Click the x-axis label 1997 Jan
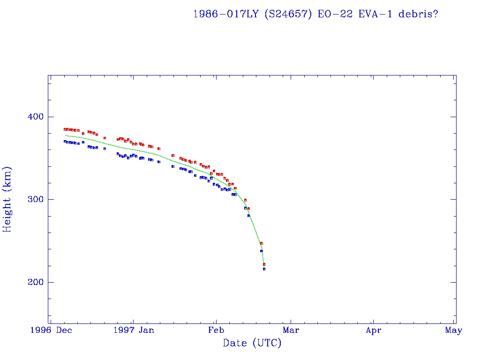(134, 330)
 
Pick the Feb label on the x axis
(216, 330)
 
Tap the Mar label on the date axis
(291, 330)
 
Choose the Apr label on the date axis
(373, 330)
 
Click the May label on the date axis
(454, 330)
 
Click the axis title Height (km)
(7, 199)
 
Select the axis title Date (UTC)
(252, 344)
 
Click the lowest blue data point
(264, 269)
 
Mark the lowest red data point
(264, 264)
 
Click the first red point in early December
(65, 129)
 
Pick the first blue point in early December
(65, 141)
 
